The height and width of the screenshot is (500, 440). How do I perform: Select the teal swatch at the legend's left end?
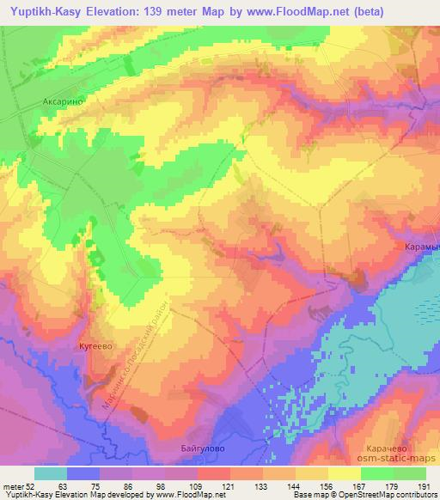click(51, 473)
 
